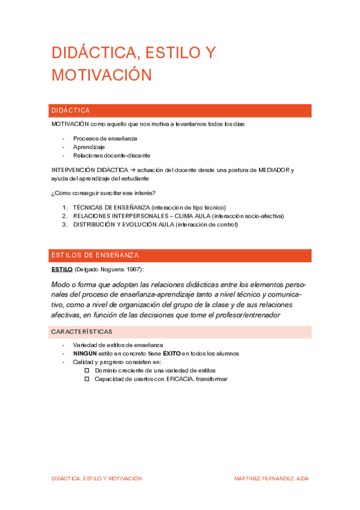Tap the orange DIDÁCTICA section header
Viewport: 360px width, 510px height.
(x=180, y=111)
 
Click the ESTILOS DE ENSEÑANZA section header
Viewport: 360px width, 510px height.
(x=180, y=256)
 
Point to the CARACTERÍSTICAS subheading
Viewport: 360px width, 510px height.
(x=82, y=332)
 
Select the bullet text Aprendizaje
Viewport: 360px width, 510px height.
(x=89, y=147)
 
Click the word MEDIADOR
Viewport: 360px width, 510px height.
(x=269, y=170)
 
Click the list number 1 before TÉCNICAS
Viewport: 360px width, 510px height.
(x=65, y=207)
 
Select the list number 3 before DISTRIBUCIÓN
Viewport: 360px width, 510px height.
(x=65, y=224)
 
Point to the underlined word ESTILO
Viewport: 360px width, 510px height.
(x=62, y=269)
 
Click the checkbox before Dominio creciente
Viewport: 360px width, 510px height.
(x=87, y=370)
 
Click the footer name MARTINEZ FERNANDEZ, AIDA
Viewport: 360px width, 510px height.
(x=271, y=479)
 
